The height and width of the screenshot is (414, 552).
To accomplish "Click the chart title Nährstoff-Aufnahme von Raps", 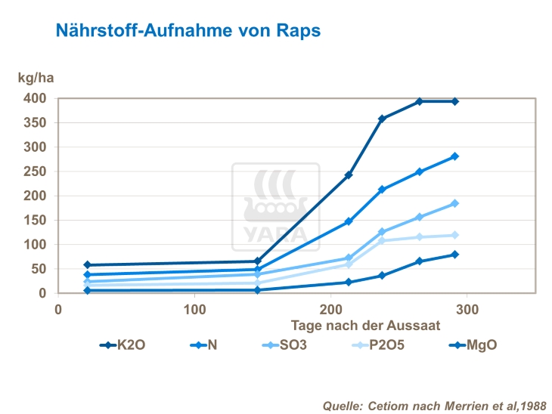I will [188, 31].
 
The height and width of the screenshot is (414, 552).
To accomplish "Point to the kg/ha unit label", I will [36, 78].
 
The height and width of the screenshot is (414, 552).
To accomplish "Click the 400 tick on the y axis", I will [35, 99].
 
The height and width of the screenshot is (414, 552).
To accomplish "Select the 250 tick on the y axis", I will [35, 171].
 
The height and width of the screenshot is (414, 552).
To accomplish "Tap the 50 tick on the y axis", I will [39, 269].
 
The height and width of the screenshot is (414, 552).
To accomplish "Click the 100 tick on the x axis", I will [195, 309].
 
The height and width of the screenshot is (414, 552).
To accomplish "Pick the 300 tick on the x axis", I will [467, 309].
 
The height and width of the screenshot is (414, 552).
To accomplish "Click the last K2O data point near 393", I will [455, 101].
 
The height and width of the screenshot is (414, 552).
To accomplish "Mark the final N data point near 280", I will [455, 156].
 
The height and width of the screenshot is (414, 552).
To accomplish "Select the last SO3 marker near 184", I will [455, 203].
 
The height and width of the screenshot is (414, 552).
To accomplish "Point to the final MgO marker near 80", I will [455, 255].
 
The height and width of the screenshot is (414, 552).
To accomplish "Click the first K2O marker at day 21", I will [87, 265].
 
